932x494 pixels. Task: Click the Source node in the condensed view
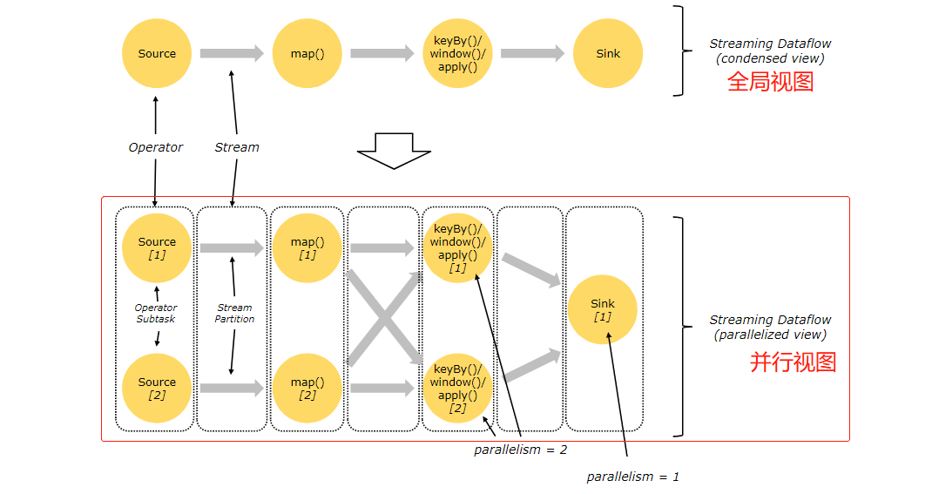[157, 53]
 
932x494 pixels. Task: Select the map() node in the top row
[307, 53]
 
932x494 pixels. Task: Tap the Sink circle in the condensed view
[608, 53]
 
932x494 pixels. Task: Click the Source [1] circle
[157, 248]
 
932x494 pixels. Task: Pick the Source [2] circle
[157, 389]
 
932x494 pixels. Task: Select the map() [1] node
[307, 248]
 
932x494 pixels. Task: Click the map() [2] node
[307, 389]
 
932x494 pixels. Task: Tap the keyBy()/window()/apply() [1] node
[457, 248]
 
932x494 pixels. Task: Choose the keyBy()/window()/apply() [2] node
[457, 389]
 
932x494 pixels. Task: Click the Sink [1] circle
[603, 309]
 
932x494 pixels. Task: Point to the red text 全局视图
[770, 82]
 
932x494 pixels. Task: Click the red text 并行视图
[793, 362]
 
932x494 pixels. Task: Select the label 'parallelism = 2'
[520, 450]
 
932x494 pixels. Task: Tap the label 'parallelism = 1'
[632, 477]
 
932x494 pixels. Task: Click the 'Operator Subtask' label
[156, 314]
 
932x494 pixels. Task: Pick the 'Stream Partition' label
[234, 314]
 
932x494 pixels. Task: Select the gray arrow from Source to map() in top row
[232, 53]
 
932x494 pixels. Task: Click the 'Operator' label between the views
[156, 147]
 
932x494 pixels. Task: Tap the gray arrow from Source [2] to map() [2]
[232, 389]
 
